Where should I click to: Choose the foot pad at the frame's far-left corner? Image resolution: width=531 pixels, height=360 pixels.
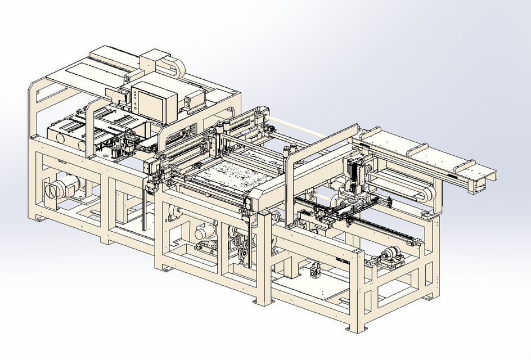pos(38,218)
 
